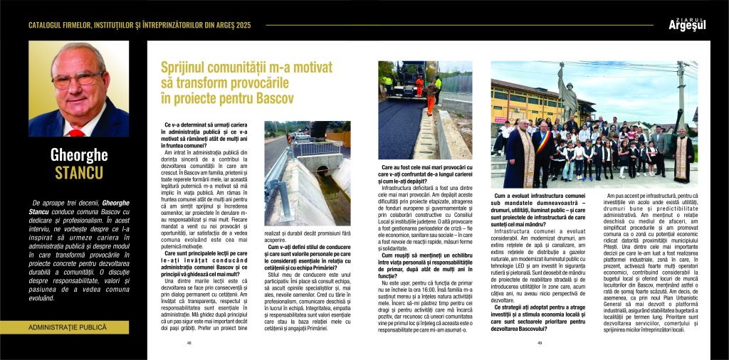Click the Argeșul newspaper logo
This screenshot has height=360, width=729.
pos(686,25)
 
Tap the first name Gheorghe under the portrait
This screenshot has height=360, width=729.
pos(78,154)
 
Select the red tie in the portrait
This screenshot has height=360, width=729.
pos(76,132)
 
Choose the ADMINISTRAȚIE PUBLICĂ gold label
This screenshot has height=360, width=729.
pos(68,327)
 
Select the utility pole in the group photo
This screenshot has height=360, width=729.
pos(680,92)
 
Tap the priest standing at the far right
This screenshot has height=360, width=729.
pos(683,157)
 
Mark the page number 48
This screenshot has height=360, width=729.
pos(189,343)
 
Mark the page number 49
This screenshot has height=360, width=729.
pos(540,343)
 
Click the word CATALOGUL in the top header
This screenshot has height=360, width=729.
pos(51,26)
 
